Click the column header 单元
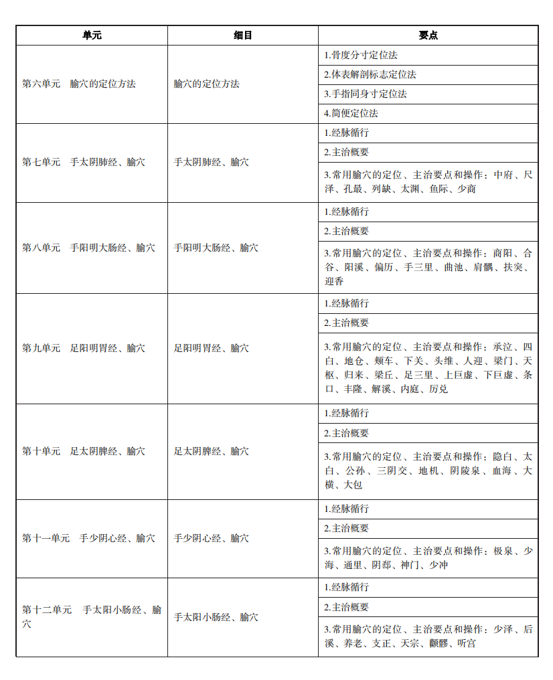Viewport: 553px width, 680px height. click(x=92, y=35)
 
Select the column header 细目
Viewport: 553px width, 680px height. click(x=243, y=35)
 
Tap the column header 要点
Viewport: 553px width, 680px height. click(x=428, y=35)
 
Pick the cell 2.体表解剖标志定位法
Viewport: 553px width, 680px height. click(x=370, y=74)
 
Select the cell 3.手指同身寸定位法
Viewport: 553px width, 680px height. click(x=366, y=94)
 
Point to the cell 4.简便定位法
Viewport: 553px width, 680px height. click(x=351, y=113)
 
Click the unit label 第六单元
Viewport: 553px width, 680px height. click(x=41, y=84)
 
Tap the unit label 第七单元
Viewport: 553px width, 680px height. click(x=41, y=163)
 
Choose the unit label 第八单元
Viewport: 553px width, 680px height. click(x=41, y=248)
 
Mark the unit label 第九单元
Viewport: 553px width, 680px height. click(x=41, y=348)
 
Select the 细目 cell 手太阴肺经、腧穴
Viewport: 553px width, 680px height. click(x=212, y=163)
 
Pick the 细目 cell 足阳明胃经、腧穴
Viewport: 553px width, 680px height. click(x=212, y=348)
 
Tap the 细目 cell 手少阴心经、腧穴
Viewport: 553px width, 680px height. click(x=212, y=538)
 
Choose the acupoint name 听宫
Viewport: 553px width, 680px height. click(x=467, y=644)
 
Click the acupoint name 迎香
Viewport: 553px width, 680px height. click(x=334, y=282)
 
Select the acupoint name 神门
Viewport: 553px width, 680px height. click(x=410, y=566)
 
